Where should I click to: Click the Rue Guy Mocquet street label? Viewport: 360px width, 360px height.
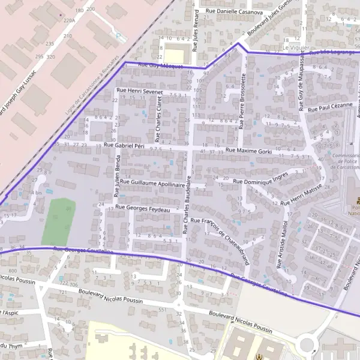click(x=160, y=65)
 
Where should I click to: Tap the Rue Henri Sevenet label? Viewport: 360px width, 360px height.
click(x=140, y=91)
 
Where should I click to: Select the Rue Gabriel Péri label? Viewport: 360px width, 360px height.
click(x=125, y=145)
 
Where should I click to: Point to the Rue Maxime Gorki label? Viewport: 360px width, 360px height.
click(x=249, y=151)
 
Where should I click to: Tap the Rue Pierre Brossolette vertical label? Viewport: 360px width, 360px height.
click(x=243, y=102)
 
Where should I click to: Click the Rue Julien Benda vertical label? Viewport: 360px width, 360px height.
click(x=118, y=175)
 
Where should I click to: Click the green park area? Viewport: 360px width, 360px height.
click(x=59, y=217)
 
